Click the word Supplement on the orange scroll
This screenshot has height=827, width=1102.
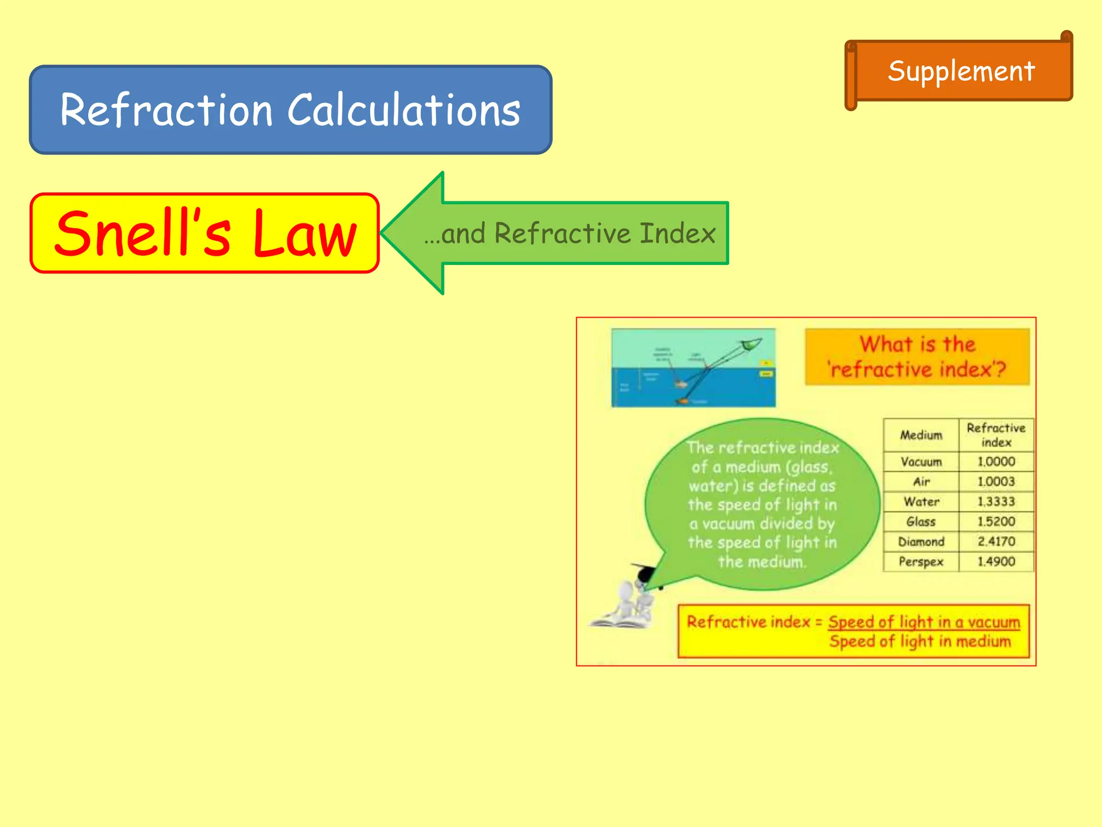click(961, 71)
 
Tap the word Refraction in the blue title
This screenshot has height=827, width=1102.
click(166, 110)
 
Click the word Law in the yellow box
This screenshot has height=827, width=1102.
click(305, 234)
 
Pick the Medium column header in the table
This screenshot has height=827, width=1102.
click(921, 435)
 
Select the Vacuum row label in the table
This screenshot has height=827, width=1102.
click(921, 462)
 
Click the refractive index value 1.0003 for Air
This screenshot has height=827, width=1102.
click(996, 482)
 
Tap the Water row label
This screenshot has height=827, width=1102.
click(921, 502)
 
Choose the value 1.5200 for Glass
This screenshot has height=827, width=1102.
click(996, 522)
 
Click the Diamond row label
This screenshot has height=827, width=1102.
click(921, 542)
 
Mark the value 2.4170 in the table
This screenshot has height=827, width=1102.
click(996, 542)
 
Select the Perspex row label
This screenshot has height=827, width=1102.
click(921, 562)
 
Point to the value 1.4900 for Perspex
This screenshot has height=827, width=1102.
click(996, 562)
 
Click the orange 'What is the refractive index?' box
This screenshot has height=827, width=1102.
click(917, 357)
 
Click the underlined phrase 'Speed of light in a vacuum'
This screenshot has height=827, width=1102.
click(924, 622)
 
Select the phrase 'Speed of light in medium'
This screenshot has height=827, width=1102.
click(920, 642)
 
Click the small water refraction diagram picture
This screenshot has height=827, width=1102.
click(694, 368)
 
